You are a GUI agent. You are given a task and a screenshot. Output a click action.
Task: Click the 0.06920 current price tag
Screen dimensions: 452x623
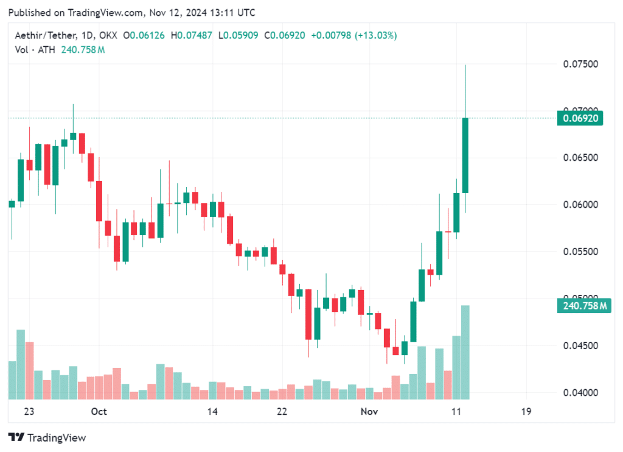tap(579, 118)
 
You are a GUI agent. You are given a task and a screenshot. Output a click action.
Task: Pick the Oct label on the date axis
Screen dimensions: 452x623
tap(99, 412)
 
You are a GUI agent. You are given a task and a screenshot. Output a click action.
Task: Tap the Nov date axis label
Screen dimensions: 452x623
tap(369, 412)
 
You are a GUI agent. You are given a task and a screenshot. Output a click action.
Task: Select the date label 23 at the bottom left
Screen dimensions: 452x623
tap(29, 412)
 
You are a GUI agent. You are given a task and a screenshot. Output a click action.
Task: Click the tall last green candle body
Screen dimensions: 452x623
tap(465, 155)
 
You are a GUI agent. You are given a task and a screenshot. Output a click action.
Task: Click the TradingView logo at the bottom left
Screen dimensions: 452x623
tap(47, 437)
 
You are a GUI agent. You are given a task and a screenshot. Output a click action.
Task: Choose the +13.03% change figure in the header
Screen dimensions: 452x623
tap(377, 35)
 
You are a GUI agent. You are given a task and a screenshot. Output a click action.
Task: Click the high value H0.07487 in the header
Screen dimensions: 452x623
tap(192, 35)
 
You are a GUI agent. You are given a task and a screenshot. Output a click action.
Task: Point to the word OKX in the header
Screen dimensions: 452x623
tap(106, 35)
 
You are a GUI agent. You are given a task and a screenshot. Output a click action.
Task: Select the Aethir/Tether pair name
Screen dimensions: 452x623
tap(42, 35)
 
